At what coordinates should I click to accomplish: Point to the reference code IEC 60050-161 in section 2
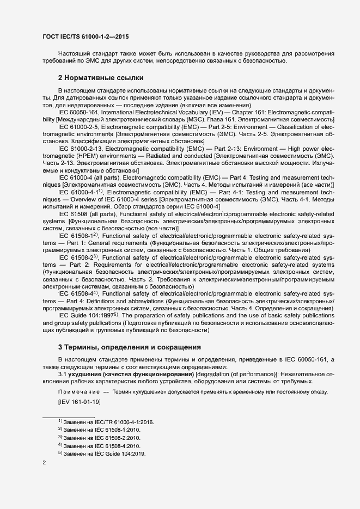77,112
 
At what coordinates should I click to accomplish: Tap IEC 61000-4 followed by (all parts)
74,176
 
